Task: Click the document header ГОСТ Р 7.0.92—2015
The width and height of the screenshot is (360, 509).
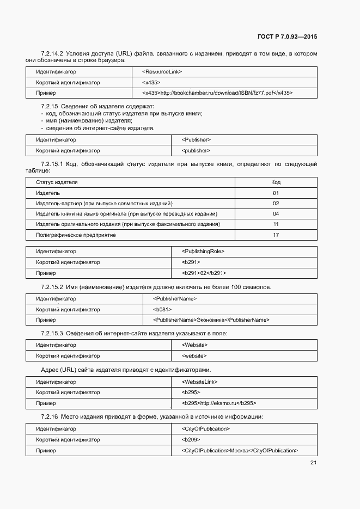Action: point(287,37)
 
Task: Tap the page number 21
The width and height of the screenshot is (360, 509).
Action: point(313,463)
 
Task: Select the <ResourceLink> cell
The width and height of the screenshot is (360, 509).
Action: point(162,72)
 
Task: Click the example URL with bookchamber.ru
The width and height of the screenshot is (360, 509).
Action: point(217,93)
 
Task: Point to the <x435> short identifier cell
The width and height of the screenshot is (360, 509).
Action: point(151,83)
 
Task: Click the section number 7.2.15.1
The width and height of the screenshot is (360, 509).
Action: point(52,164)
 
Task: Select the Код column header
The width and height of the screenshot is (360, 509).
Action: point(276,182)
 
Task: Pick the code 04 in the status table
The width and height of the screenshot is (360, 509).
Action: point(276,214)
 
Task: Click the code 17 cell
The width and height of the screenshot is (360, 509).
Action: point(276,235)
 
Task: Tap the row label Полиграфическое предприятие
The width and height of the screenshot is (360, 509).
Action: point(76,235)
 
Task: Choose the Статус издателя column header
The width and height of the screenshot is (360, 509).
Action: point(57,182)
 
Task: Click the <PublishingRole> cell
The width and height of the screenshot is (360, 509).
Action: point(203,252)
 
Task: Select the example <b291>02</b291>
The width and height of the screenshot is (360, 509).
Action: point(204,273)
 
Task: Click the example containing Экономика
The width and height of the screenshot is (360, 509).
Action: point(211,320)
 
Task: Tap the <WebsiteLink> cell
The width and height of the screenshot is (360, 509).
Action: point(199,382)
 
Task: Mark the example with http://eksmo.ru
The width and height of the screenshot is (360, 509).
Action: point(219,403)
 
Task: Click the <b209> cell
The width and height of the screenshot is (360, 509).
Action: point(191,439)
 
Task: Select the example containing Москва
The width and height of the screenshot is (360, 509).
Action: point(240,450)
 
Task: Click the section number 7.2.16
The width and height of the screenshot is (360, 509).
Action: point(49,417)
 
